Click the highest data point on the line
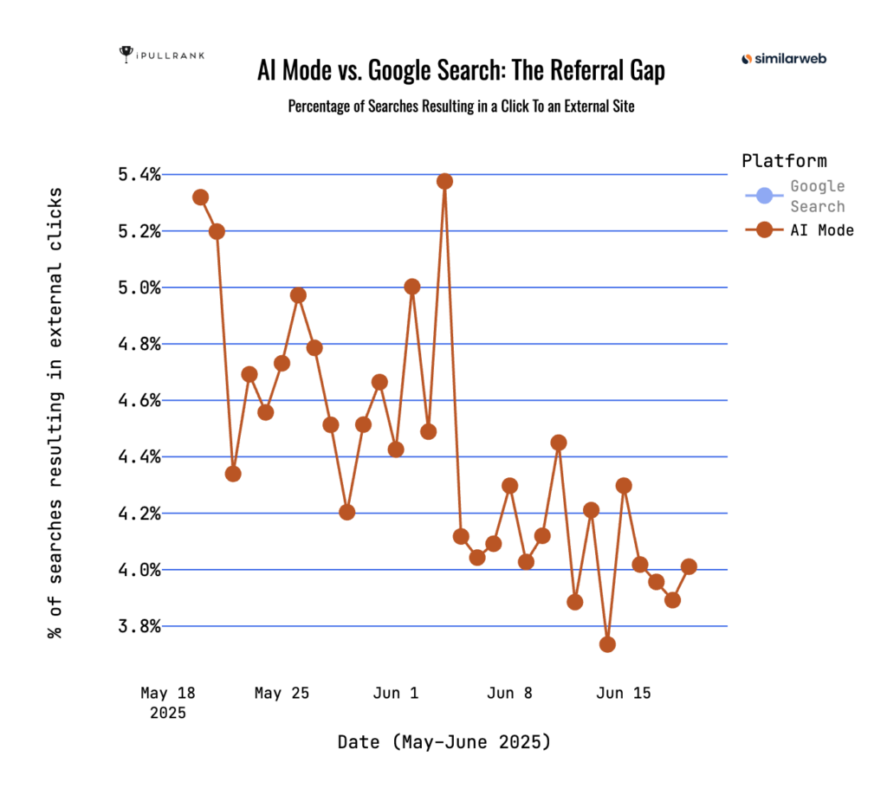444,181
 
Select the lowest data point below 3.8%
607,644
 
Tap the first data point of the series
200,197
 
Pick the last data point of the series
689,566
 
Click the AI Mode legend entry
820,229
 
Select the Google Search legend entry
817,197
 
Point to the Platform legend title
784,161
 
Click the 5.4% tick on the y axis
139,175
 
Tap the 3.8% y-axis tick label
139,626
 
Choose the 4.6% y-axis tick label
139,401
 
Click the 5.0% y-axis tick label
139,288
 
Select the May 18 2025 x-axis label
168,703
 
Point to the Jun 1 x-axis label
397,694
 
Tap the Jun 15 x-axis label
624,694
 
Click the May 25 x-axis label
282,694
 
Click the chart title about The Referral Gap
461,71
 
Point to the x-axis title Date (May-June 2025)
443,742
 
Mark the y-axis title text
56,411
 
